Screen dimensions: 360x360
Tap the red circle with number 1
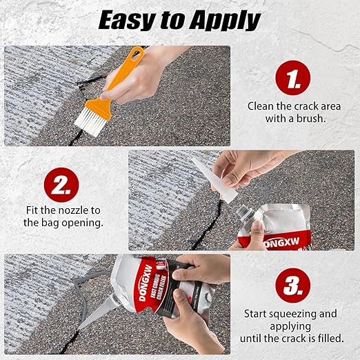tap(292, 79)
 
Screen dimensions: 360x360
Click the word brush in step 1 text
tap(311, 119)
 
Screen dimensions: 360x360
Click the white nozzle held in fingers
tap(207, 171)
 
